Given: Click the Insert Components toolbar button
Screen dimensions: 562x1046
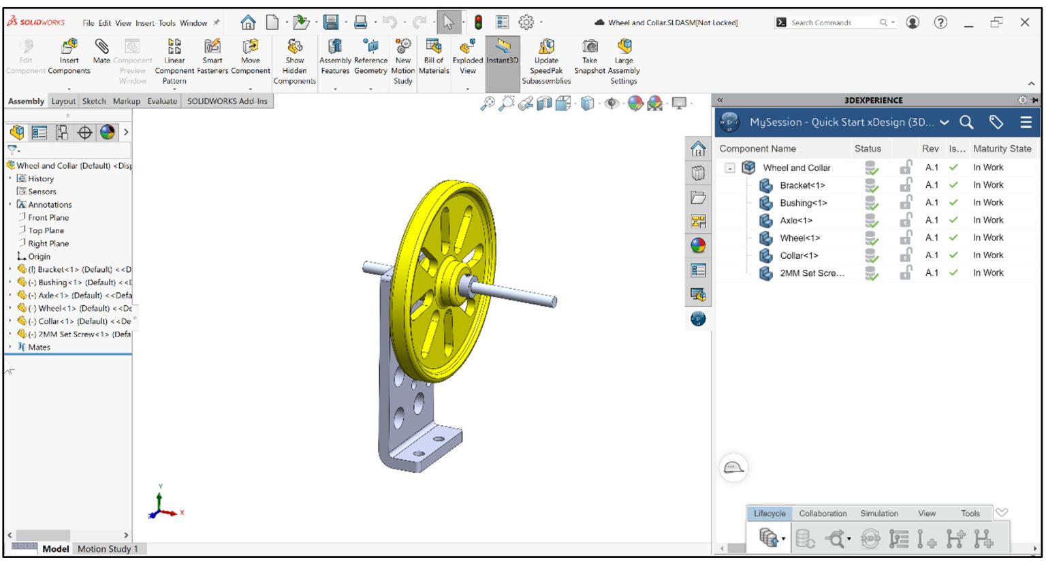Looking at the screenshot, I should coord(69,55).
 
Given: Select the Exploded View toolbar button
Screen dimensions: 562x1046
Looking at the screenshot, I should coord(468,55).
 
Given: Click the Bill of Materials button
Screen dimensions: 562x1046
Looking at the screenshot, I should coord(434,55).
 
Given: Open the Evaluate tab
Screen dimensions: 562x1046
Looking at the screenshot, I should coord(162,102).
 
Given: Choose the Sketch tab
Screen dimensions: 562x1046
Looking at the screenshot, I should coord(94,102).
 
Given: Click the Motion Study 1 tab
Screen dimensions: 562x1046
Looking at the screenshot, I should coord(108,549).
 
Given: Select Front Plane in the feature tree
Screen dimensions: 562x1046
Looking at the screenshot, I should coord(48,217).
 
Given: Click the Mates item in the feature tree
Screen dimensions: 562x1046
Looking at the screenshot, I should coord(39,347).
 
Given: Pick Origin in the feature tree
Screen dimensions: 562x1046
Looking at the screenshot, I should coord(39,257).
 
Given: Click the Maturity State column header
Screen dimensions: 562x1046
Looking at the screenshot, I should coord(1002,149).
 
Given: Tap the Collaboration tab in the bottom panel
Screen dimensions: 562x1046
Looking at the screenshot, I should coord(823,514).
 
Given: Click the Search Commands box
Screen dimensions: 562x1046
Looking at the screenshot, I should coord(831,22).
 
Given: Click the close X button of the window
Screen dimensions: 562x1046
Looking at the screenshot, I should coord(1024,22).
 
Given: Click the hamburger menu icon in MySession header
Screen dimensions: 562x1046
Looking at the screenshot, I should coord(1026,123).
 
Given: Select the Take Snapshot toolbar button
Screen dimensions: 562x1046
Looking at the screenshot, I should coord(590,55).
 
